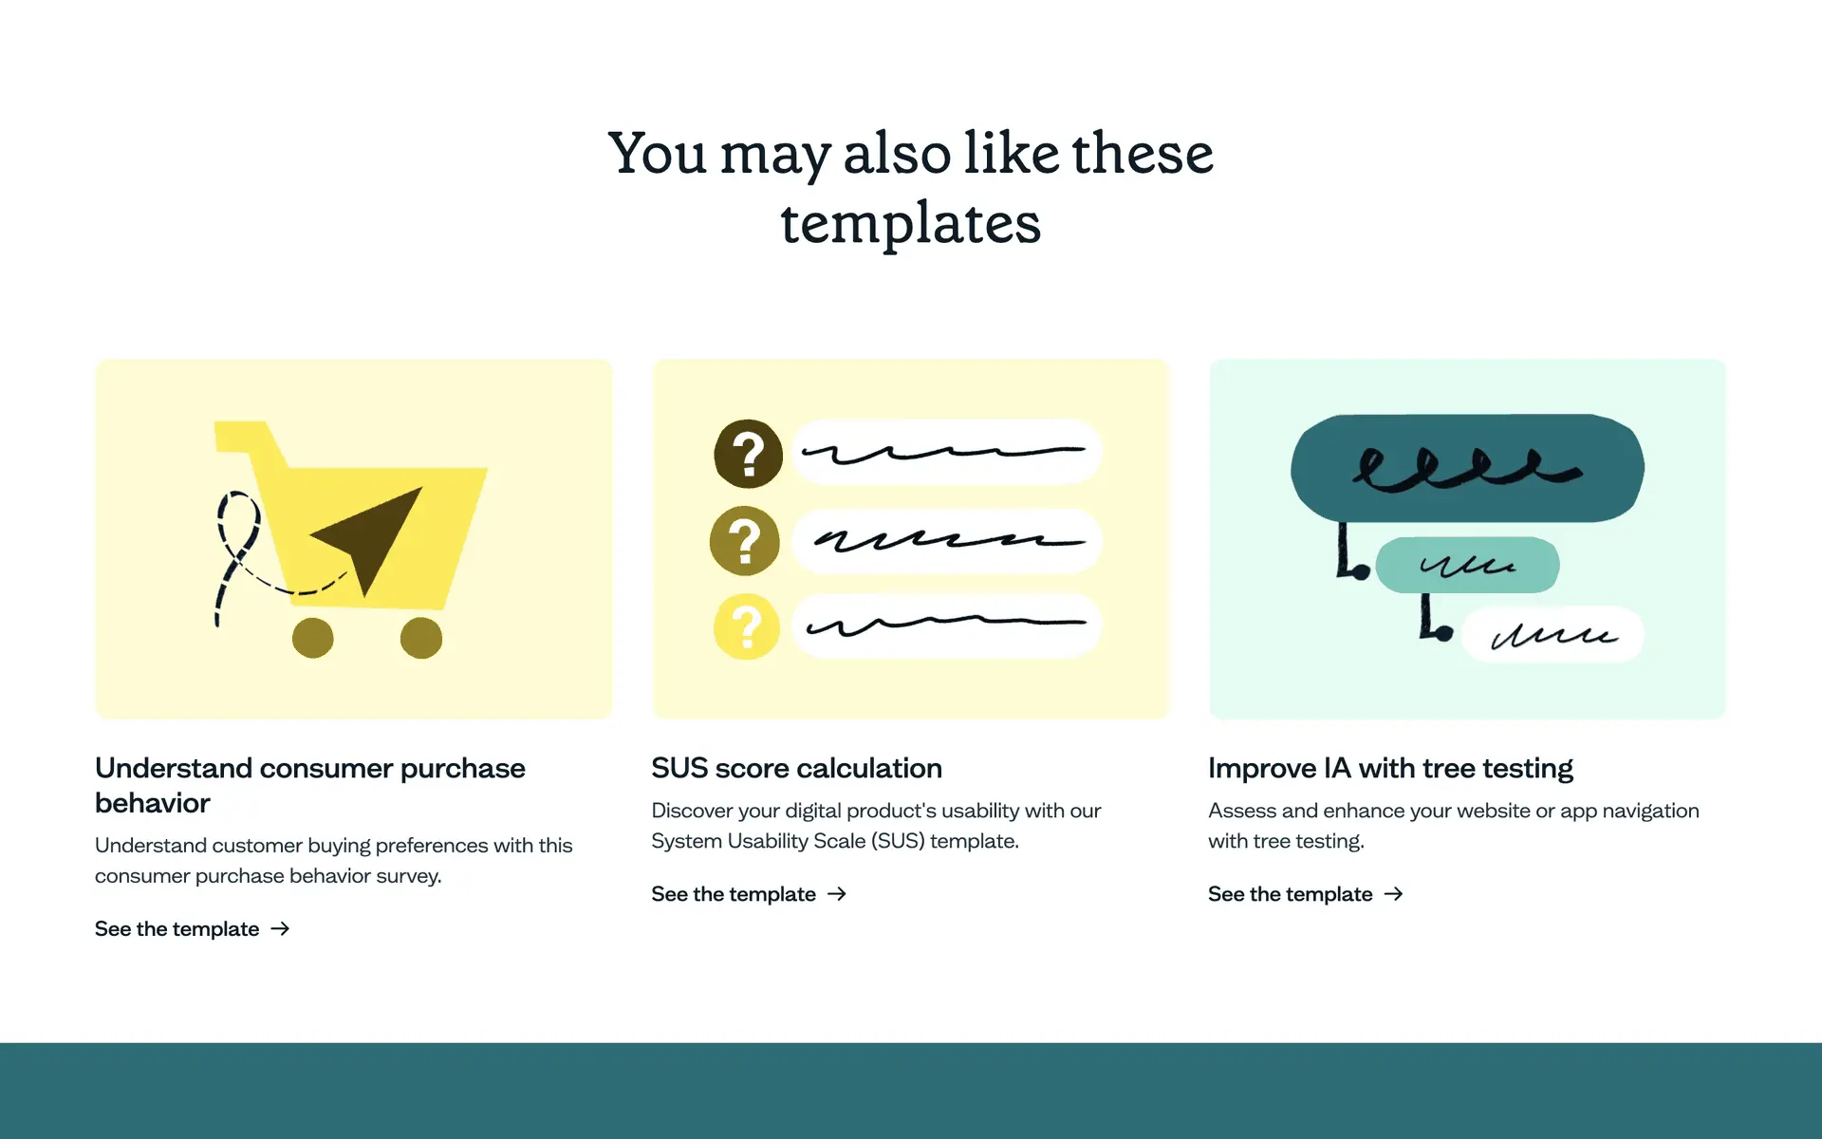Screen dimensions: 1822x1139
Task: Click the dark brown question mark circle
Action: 748,454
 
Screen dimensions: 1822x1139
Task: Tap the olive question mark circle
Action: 745,541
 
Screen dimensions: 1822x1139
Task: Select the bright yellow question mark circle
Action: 747,626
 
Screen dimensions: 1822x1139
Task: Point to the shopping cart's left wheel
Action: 312,638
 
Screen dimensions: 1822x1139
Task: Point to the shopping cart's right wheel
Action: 421,638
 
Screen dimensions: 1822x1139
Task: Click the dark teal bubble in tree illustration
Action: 1467,468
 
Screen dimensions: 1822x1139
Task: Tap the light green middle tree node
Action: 1467,565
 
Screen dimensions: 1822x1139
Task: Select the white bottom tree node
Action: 1553,634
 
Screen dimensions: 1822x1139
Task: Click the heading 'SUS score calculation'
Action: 796,768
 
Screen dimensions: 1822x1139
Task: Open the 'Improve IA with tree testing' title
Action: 1390,768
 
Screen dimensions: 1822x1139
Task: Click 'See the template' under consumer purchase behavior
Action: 177,928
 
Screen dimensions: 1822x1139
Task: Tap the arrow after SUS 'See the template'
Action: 836,894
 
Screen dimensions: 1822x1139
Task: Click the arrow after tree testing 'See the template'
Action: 1393,894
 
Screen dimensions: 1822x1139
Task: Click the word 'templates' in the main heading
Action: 910,224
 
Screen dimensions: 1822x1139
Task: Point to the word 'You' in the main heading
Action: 657,153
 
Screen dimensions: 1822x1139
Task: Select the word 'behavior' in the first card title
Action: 152,803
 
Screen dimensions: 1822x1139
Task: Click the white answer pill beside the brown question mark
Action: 946,453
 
